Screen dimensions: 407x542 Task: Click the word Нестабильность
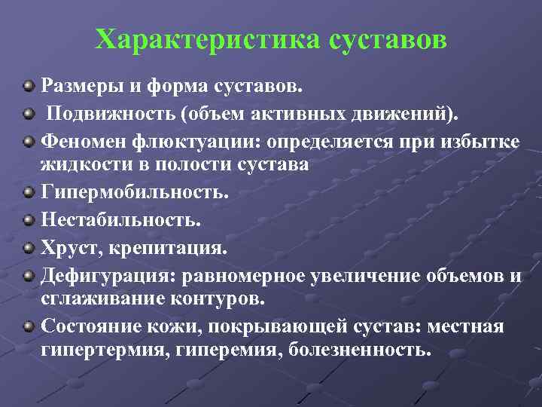[x=121, y=219]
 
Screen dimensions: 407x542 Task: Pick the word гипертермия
[x=103, y=350]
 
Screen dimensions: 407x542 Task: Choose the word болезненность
[x=360, y=350]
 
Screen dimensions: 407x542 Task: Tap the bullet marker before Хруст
[x=29, y=247]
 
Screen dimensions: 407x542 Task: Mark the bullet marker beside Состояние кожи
[x=29, y=326]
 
